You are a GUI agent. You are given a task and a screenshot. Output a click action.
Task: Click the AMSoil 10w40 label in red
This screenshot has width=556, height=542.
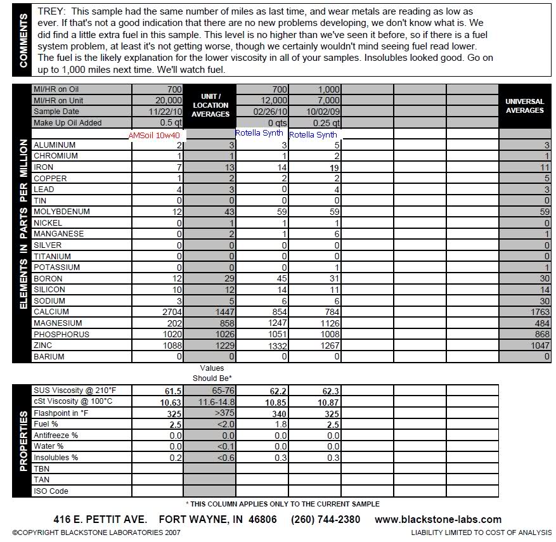(x=155, y=135)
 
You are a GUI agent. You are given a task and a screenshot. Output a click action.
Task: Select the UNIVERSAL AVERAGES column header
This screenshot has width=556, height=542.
(x=525, y=106)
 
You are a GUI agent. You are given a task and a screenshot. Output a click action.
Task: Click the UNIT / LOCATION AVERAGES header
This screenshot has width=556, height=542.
(x=210, y=105)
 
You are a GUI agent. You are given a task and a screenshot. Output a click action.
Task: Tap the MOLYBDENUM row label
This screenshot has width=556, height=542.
(x=61, y=212)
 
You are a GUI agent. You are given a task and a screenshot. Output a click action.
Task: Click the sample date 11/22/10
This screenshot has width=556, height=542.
(x=166, y=112)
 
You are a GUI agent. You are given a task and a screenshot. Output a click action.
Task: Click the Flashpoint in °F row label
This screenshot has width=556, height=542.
(x=61, y=413)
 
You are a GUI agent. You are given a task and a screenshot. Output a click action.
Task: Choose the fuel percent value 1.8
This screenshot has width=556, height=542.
(x=274, y=424)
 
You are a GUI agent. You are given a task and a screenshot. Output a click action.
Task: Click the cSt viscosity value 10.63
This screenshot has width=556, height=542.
(x=170, y=401)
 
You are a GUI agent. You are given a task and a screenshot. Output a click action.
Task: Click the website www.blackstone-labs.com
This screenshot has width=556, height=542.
(x=438, y=519)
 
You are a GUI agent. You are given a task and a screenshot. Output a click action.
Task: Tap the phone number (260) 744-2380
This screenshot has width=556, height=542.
(x=325, y=519)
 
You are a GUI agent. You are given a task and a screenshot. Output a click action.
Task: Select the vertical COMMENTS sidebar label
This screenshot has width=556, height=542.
(x=23, y=41)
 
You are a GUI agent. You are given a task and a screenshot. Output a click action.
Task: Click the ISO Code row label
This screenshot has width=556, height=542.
(x=51, y=491)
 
